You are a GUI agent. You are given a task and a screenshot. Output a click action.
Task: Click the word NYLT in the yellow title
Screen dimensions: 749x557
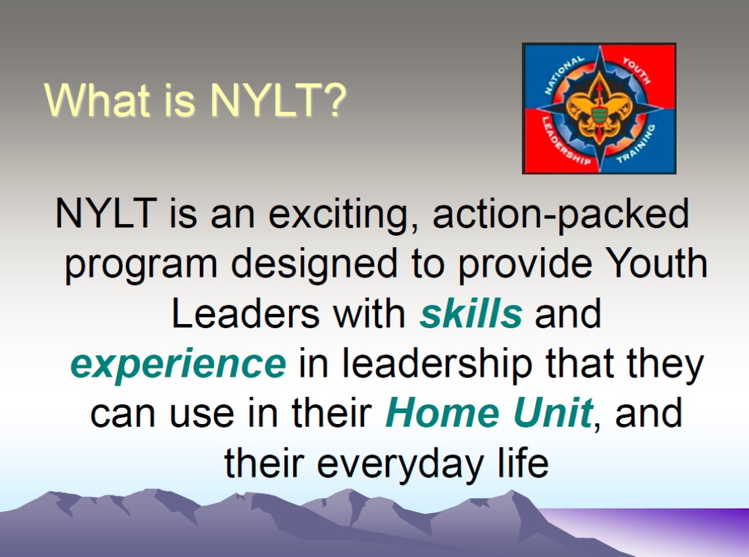point(265,100)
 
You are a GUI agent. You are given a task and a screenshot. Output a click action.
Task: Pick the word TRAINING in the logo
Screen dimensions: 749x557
point(636,144)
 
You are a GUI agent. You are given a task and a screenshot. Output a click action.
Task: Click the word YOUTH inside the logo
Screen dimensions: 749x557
point(636,70)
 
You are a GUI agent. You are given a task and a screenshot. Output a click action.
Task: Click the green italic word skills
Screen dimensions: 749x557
point(471,314)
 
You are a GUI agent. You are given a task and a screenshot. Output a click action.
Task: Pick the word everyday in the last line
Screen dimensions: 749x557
point(401,464)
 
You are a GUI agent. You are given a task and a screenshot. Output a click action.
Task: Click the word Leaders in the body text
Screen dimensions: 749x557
point(245,314)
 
